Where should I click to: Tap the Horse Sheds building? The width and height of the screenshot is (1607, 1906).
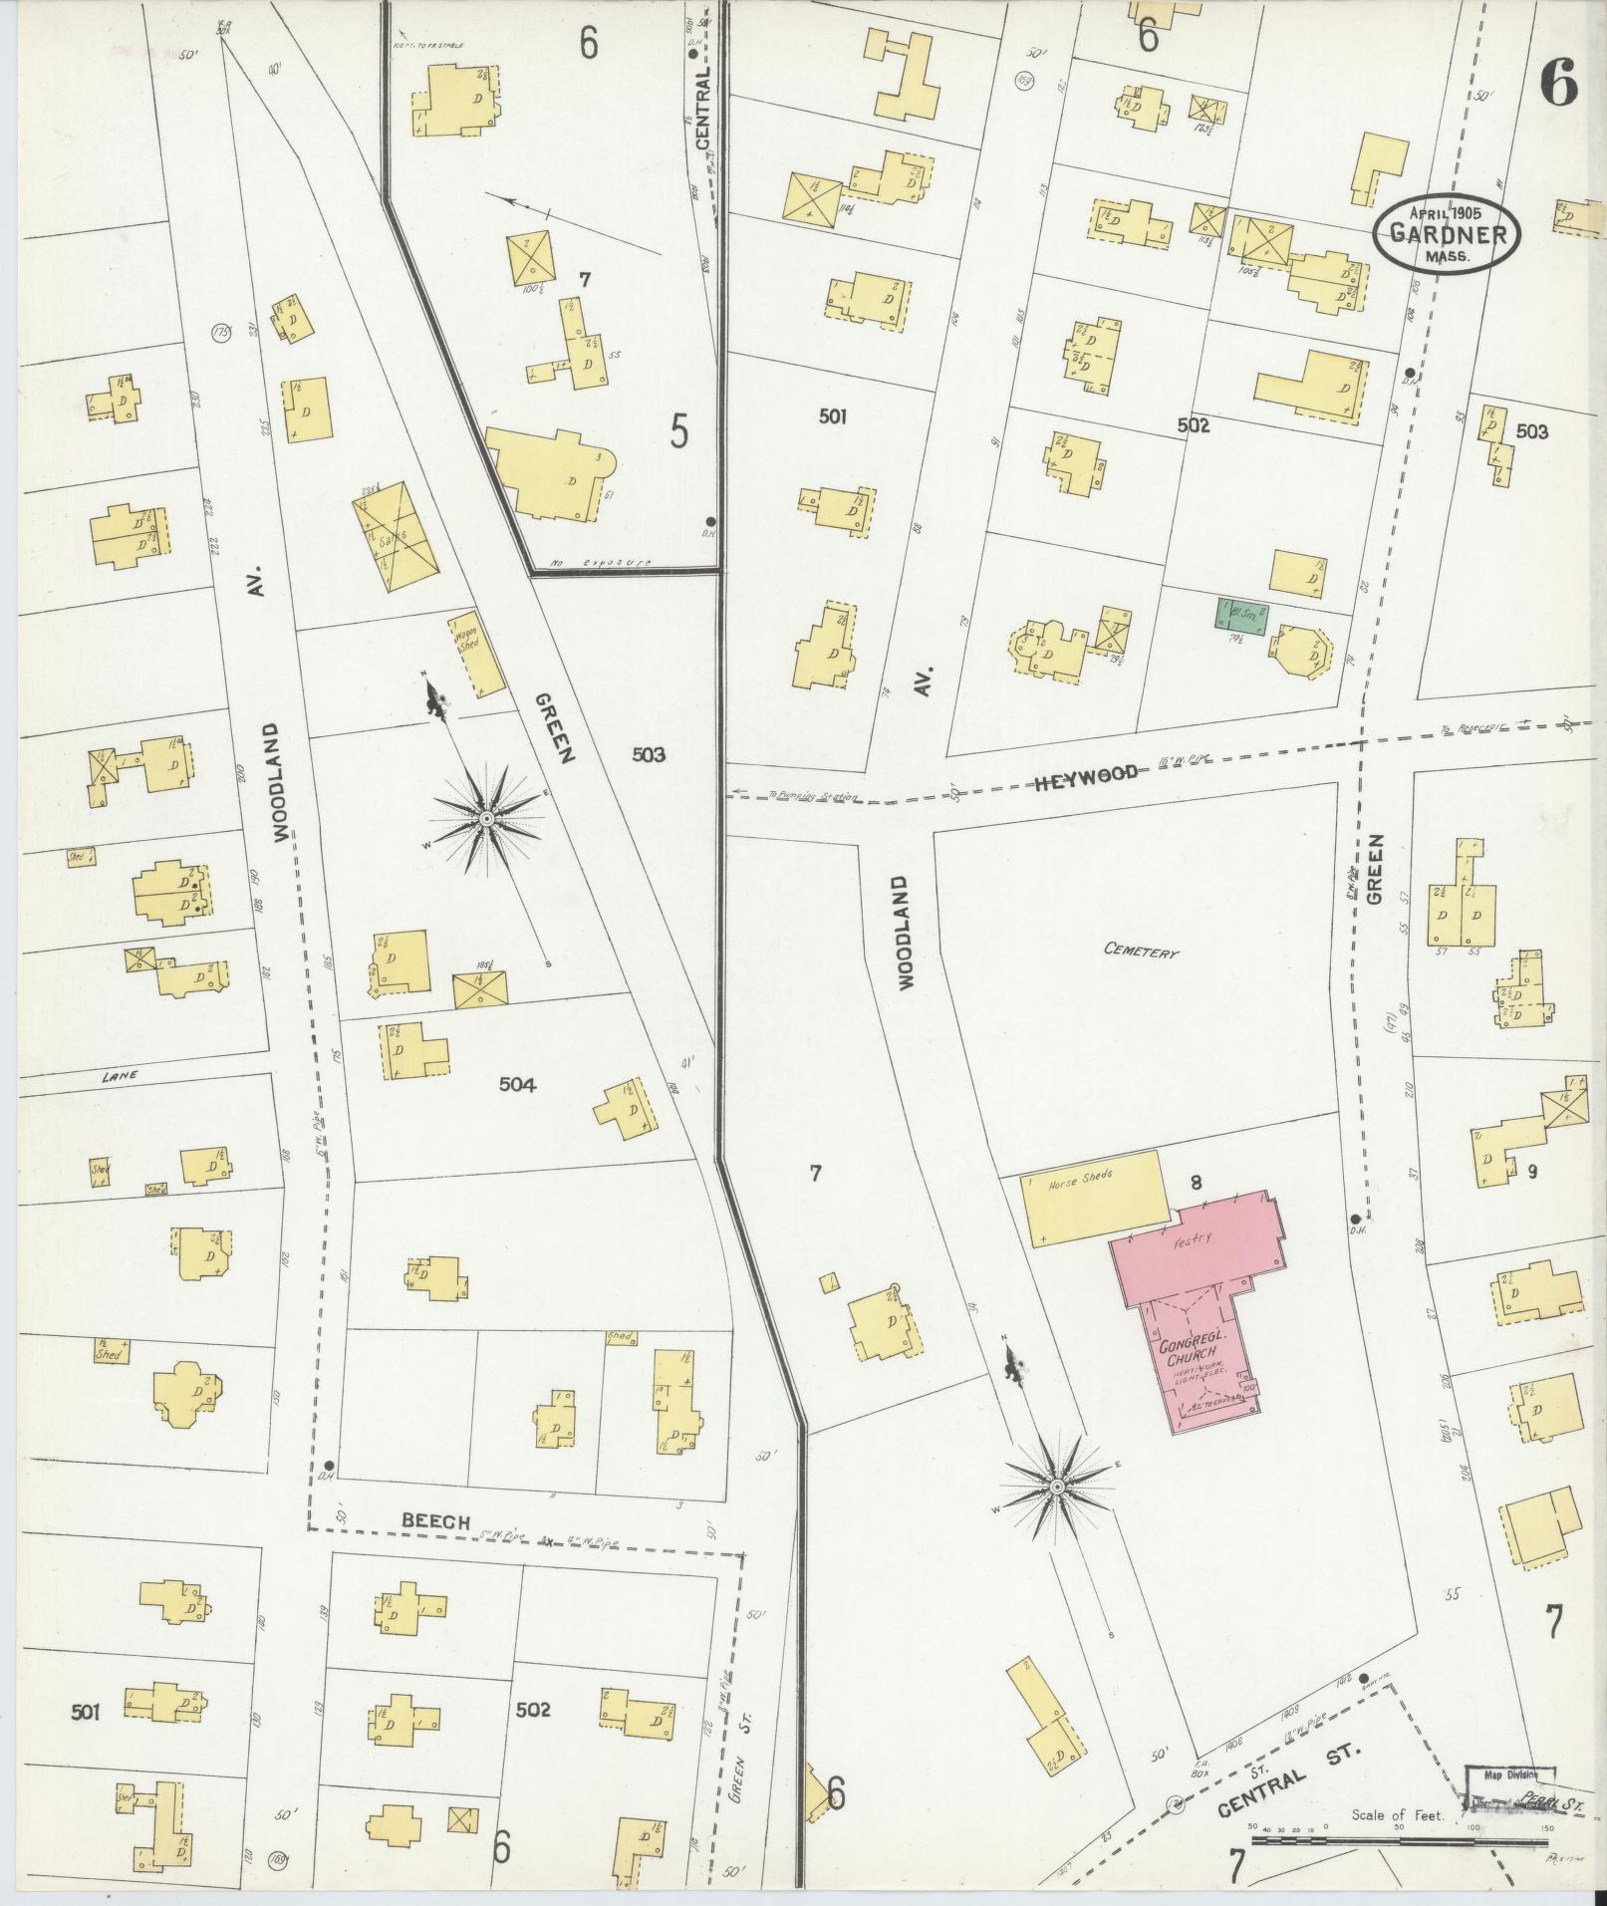tap(1094, 1197)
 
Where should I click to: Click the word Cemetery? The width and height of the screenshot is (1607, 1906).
tap(1141, 951)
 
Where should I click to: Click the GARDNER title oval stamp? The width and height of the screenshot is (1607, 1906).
tap(1447, 235)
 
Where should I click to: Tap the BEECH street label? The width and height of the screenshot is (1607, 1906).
tap(435, 1548)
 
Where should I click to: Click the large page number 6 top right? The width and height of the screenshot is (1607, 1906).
tap(1558, 83)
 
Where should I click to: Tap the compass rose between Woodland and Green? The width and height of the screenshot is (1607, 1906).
tap(487, 819)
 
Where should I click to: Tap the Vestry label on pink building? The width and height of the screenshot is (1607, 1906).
tap(1192, 1240)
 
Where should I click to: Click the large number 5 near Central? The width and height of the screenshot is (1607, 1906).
tap(678, 432)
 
